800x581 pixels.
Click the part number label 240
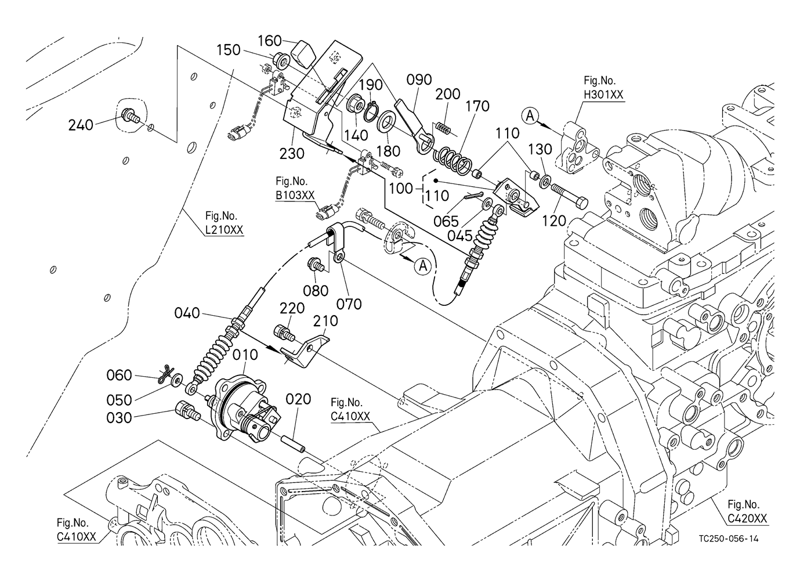81,124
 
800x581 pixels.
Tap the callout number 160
269,41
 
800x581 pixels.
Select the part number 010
245,354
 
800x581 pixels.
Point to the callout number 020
298,399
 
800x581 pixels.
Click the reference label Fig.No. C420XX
747,511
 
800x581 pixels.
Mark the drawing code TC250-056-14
728,539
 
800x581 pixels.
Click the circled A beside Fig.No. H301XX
530,116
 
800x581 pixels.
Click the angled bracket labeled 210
307,350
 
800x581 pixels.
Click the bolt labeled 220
283,332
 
